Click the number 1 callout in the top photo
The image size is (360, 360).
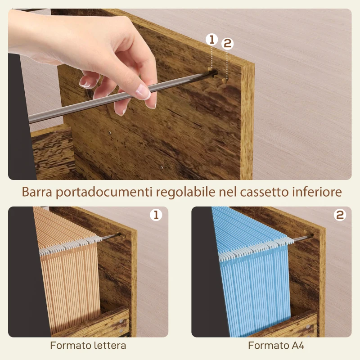[212, 40]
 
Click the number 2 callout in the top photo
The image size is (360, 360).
[227, 44]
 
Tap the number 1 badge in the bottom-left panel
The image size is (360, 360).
[156, 215]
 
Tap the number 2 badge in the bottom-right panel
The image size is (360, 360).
[340, 215]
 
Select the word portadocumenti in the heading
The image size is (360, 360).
[104, 192]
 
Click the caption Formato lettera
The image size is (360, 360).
[88, 346]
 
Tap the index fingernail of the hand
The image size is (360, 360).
[143, 92]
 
